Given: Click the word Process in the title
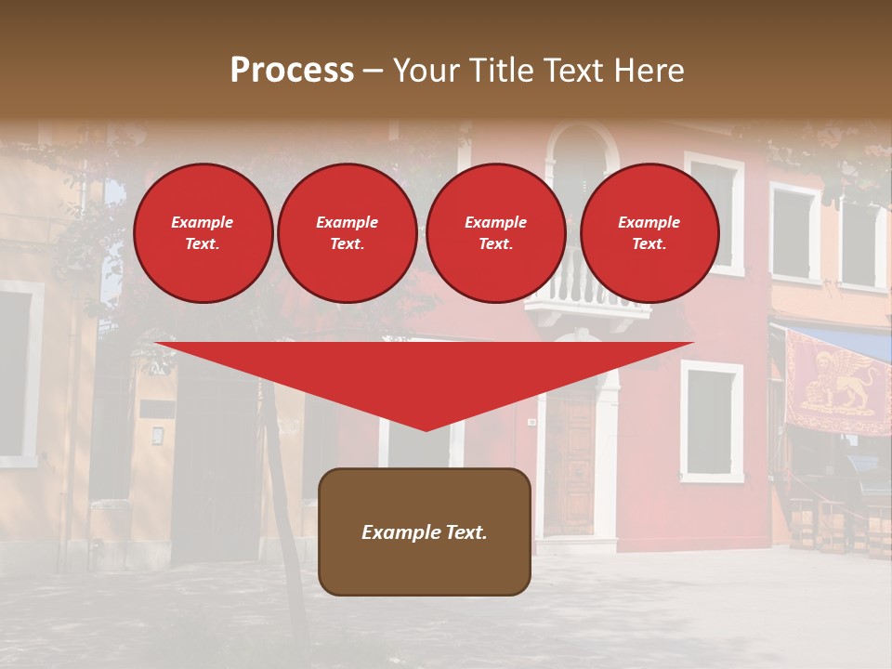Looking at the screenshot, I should [292, 71].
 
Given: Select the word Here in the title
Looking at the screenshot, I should [649, 71].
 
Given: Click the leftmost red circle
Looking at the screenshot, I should [203, 232].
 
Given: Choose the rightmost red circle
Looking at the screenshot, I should [649, 232].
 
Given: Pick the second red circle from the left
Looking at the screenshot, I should [347, 232].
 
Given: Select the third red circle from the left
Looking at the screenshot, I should [495, 232].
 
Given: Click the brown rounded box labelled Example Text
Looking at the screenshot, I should [425, 531].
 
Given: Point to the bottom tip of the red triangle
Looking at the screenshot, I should [426, 430].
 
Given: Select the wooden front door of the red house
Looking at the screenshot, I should [569, 465].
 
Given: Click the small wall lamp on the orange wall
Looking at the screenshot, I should [158, 435].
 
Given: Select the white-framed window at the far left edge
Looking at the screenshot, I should [17, 372].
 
